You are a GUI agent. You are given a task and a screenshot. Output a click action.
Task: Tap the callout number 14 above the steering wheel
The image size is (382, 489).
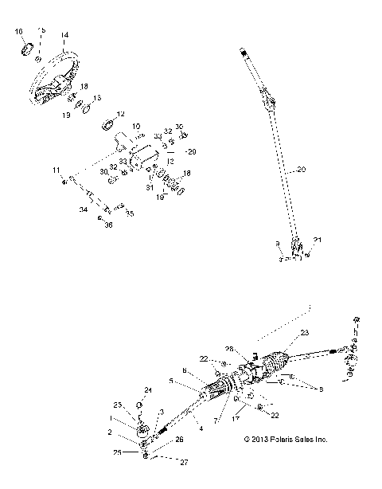click(x=64, y=35)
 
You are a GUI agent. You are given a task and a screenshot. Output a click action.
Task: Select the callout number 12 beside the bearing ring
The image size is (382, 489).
click(x=121, y=113)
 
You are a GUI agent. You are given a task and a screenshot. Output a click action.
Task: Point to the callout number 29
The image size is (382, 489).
click(x=190, y=151)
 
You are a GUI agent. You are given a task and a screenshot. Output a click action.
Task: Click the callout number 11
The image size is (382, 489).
click(x=57, y=170)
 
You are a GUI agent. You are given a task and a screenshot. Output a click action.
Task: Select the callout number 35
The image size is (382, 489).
click(x=131, y=213)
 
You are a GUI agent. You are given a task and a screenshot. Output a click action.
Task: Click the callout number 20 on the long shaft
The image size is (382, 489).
click(x=300, y=170)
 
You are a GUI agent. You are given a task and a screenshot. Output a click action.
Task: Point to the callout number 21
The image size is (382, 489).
click(x=318, y=240)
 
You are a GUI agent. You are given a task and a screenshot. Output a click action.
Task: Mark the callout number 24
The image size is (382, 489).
click(x=147, y=389)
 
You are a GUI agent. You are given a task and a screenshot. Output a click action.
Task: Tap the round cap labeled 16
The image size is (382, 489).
click(x=25, y=51)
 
